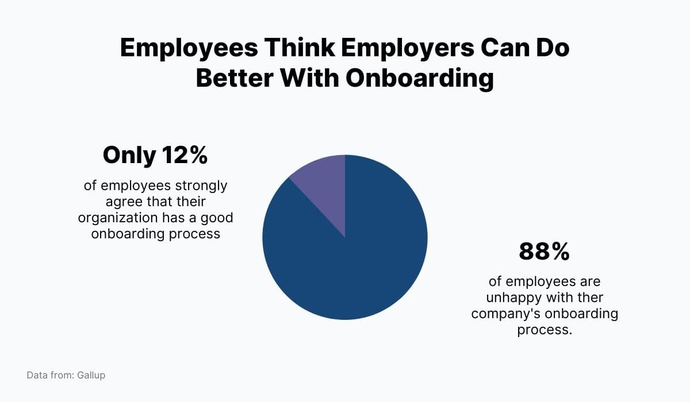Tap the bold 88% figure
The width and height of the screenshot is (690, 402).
click(544, 252)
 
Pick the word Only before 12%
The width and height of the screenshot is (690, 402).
click(129, 156)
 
